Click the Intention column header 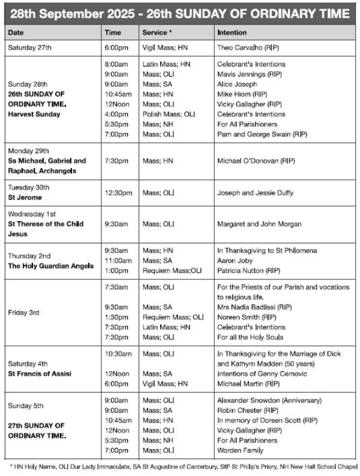point(232,32)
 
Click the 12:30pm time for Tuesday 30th point(116,192)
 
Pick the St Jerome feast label point(25,197)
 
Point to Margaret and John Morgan point(259,224)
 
